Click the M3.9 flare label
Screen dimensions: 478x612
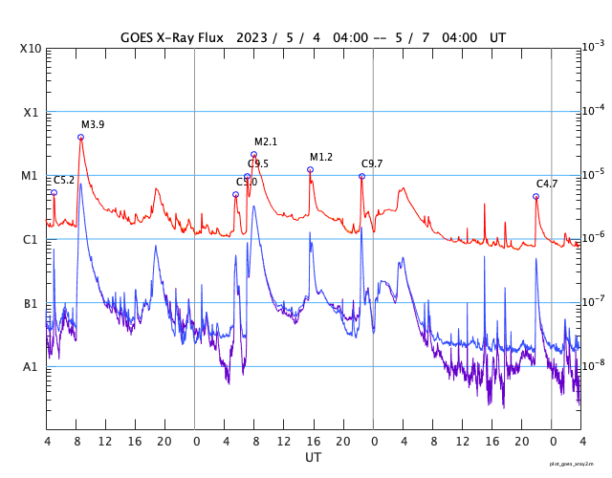click(x=93, y=124)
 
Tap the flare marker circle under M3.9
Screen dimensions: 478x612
click(x=80, y=137)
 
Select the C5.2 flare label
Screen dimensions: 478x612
click(x=64, y=180)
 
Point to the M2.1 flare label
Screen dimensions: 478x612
click(x=266, y=141)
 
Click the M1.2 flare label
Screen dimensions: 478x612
click(x=321, y=157)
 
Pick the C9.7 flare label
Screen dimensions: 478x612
click(x=372, y=163)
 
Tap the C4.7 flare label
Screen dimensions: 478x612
click(x=547, y=184)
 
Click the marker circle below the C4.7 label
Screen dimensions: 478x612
click(x=535, y=196)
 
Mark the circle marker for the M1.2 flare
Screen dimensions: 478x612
click(x=310, y=169)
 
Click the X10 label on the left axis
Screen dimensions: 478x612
click(x=32, y=48)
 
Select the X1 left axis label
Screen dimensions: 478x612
click(x=32, y=112)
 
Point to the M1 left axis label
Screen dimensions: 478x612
click(x=32, y=176)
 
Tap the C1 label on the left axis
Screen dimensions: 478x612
click(x=32, y=239)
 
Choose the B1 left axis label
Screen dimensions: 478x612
click(x=32, y=303)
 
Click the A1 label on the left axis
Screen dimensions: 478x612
click(x=32, y=367)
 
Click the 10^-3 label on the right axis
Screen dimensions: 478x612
click(x=593, y=46)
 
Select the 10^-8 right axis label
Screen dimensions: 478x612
click(x=593, y=365)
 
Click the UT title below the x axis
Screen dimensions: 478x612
click(x=314, y=457)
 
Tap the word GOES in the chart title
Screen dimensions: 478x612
click(x=140, y=38)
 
